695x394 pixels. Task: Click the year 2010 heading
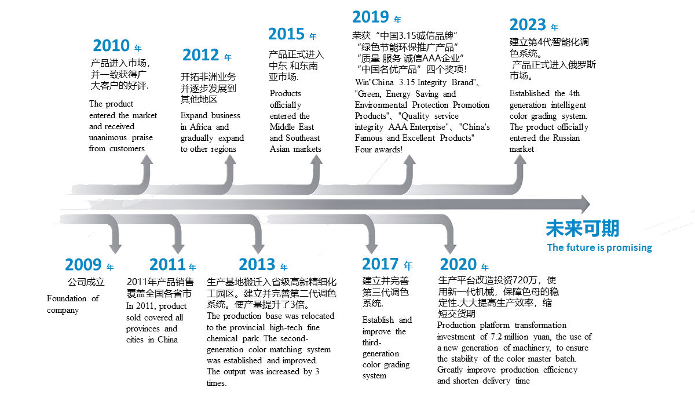tap(111, 46)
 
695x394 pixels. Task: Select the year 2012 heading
tap(200, 55)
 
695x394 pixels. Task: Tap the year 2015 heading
tap(286, 34)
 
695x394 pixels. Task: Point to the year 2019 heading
tap(370, 17)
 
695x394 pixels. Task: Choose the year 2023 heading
tap(528, 25)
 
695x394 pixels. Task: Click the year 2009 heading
tap(83, 265)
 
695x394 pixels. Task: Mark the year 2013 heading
tap(257, 265)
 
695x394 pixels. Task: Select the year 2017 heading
tap(380, 264)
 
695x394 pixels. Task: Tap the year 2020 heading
tap(458, 265)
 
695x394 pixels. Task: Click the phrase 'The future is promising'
tap(599, 248)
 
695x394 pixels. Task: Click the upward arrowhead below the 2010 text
tap(147, 160)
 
